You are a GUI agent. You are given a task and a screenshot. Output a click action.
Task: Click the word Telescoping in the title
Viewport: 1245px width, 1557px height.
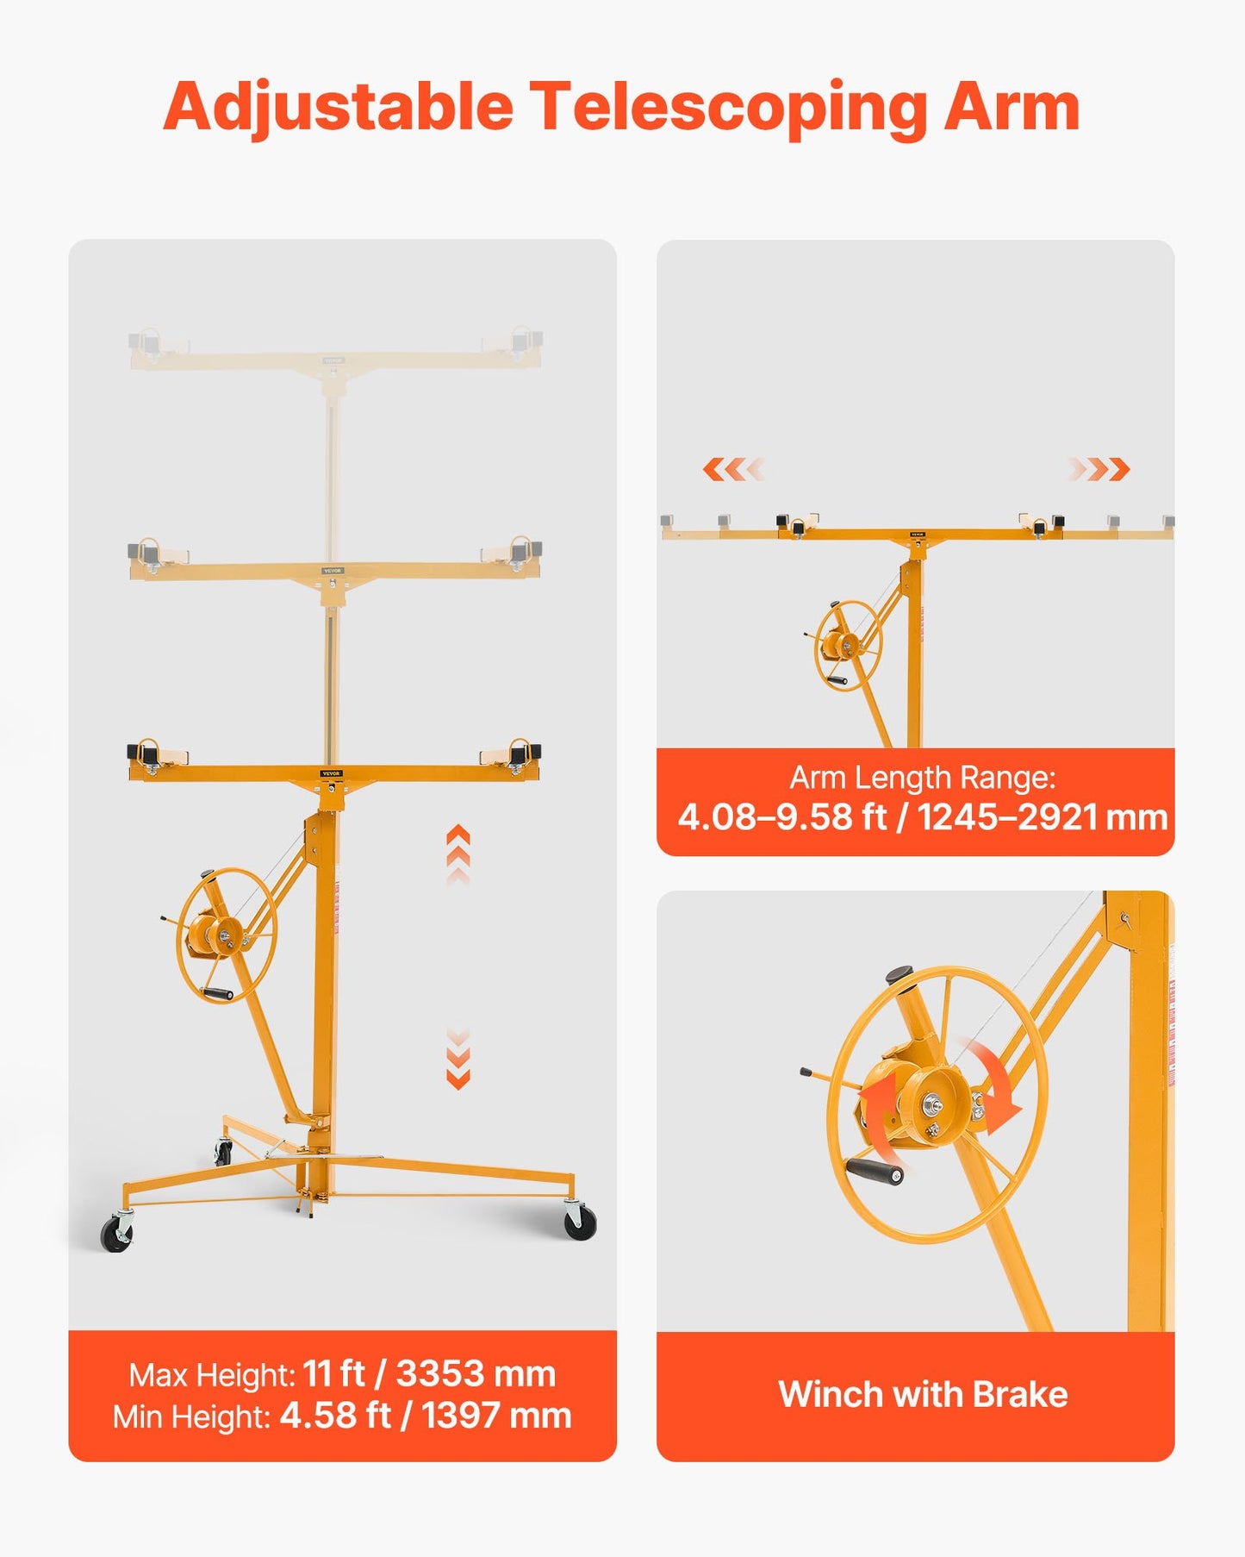[x=727, y=108]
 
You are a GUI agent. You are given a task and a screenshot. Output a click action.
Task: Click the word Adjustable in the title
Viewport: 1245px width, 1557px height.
[x=338, y=108]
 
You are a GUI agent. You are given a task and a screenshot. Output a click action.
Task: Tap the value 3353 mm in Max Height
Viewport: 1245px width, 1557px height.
[x=476, y=1373]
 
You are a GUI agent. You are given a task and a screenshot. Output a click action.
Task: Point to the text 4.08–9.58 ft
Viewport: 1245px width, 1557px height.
[x=781, y=816]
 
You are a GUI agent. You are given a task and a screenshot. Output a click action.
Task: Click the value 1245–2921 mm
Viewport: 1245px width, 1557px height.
[x=1042, y=816]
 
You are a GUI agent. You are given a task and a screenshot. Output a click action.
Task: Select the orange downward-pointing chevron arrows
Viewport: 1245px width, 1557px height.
[x=458, y=1060]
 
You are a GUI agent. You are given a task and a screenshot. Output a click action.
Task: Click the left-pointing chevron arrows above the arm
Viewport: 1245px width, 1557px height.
[x=732, y=469]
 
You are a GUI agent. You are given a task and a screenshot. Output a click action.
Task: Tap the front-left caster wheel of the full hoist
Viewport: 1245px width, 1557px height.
[x=116, y=1234]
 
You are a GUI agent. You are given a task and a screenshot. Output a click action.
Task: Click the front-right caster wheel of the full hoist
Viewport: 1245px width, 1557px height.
[x=580, y=1222]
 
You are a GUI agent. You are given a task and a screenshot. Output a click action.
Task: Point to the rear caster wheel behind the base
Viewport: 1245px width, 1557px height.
[x=224, y=1152]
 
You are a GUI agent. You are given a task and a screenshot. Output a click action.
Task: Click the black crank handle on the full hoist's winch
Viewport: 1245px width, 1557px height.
[x=218, y=994]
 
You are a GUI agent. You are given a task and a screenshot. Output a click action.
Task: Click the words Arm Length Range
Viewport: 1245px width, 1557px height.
[x=922, y=778]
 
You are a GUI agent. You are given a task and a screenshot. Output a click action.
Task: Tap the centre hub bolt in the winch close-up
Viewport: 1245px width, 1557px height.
[x=934, y=1104]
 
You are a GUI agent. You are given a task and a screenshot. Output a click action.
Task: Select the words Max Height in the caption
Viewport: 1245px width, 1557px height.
[x=212, y=1375]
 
